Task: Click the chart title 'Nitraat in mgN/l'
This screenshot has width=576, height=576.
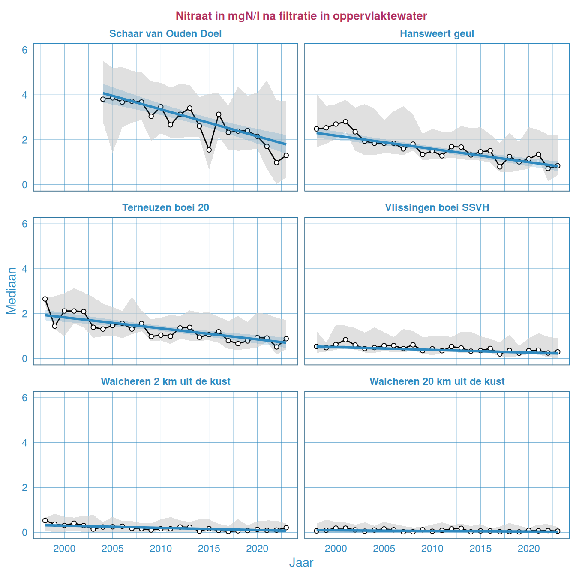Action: (x=301, y=16)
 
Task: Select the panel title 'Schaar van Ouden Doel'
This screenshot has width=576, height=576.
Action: (x=165, y=34)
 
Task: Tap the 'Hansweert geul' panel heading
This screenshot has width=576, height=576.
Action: (x=437, y=34)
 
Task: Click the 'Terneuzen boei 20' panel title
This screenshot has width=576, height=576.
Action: (x=165, y=208)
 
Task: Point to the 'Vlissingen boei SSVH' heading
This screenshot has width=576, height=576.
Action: (x=437, y=208)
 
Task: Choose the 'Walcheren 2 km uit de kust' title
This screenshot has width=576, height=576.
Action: (x=165, y=381)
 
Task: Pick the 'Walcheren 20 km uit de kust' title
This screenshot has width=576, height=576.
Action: (x=437, y=381)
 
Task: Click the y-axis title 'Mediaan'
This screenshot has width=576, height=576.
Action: (x=12, y=291)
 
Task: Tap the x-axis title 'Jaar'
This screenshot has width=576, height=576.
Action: (x=301, y=563)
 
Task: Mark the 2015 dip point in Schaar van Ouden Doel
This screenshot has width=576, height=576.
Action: (x=209, y=150)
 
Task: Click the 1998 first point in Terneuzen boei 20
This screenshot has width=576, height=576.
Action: (x=45, y=299)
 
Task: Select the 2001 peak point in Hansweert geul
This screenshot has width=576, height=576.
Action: (x=345, y=122)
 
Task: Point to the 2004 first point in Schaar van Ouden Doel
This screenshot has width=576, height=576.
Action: (x=103, y=99)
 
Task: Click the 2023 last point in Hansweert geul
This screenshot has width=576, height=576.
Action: (x=558, y=166)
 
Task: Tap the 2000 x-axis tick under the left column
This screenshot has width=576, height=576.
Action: (x=64, y=549)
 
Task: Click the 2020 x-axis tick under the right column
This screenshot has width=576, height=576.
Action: (x=529, y=549)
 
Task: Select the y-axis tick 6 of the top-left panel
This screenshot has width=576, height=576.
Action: (x=25, y=50)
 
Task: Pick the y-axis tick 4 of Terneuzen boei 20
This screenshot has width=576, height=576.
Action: (x=25, y=269)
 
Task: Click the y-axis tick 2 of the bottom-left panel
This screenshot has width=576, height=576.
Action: (x=25, y=488)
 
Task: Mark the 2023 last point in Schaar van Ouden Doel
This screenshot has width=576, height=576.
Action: (x=286, y=156)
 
